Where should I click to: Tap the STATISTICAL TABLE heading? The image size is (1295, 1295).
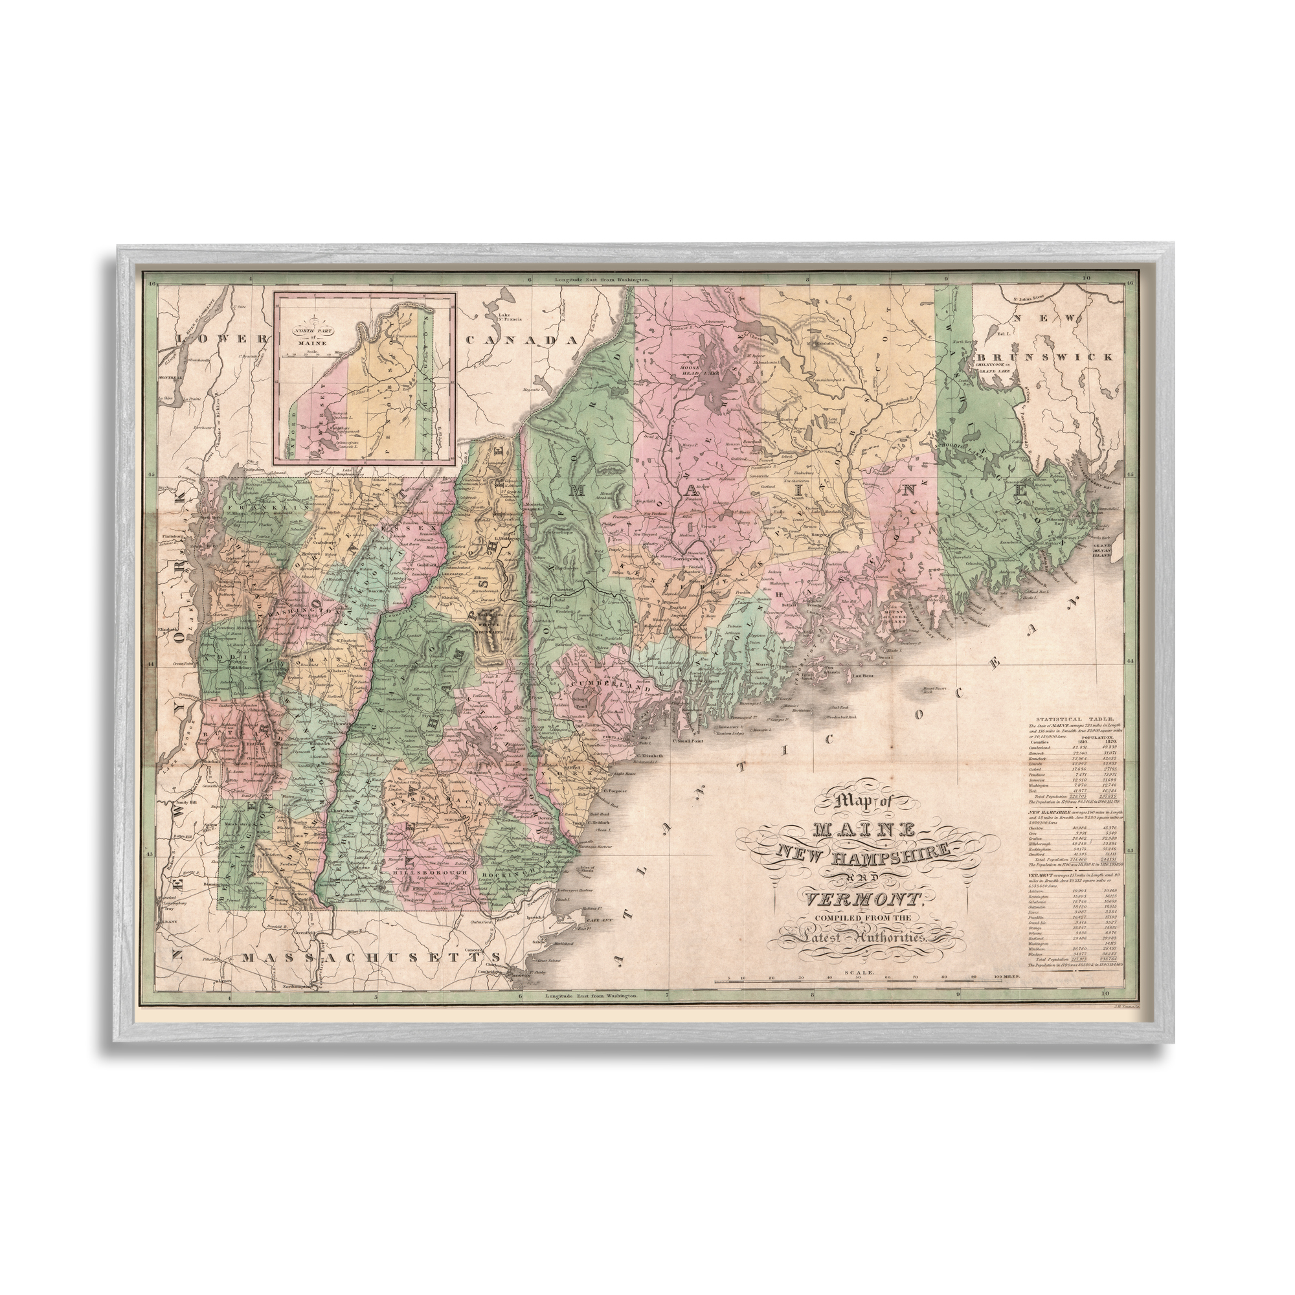(x=1066, y=718)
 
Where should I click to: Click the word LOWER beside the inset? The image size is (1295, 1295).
(x=221, y=339)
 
